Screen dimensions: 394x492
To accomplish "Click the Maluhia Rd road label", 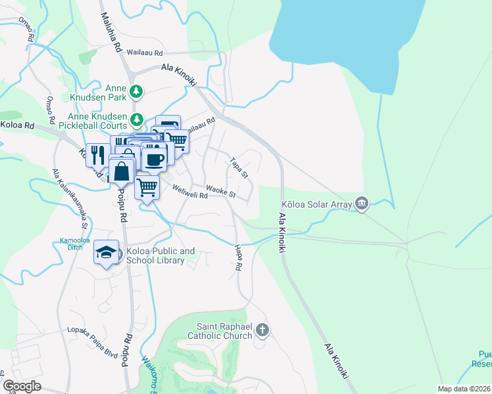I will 111,32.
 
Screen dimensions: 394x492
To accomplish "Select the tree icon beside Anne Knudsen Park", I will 136,91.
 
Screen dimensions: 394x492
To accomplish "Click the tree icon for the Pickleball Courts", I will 136,120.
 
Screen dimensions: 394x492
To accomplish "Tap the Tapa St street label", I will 238,167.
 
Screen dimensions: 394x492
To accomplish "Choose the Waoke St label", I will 220,191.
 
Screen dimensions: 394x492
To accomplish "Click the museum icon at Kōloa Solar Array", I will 360,204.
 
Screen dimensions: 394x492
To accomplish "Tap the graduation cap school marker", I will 105,253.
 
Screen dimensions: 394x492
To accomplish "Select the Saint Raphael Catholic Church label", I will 224,331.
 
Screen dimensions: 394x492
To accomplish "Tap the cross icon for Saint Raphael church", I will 262,330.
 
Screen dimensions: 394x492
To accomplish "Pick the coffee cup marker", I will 154,159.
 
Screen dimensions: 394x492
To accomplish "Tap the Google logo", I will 22,386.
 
